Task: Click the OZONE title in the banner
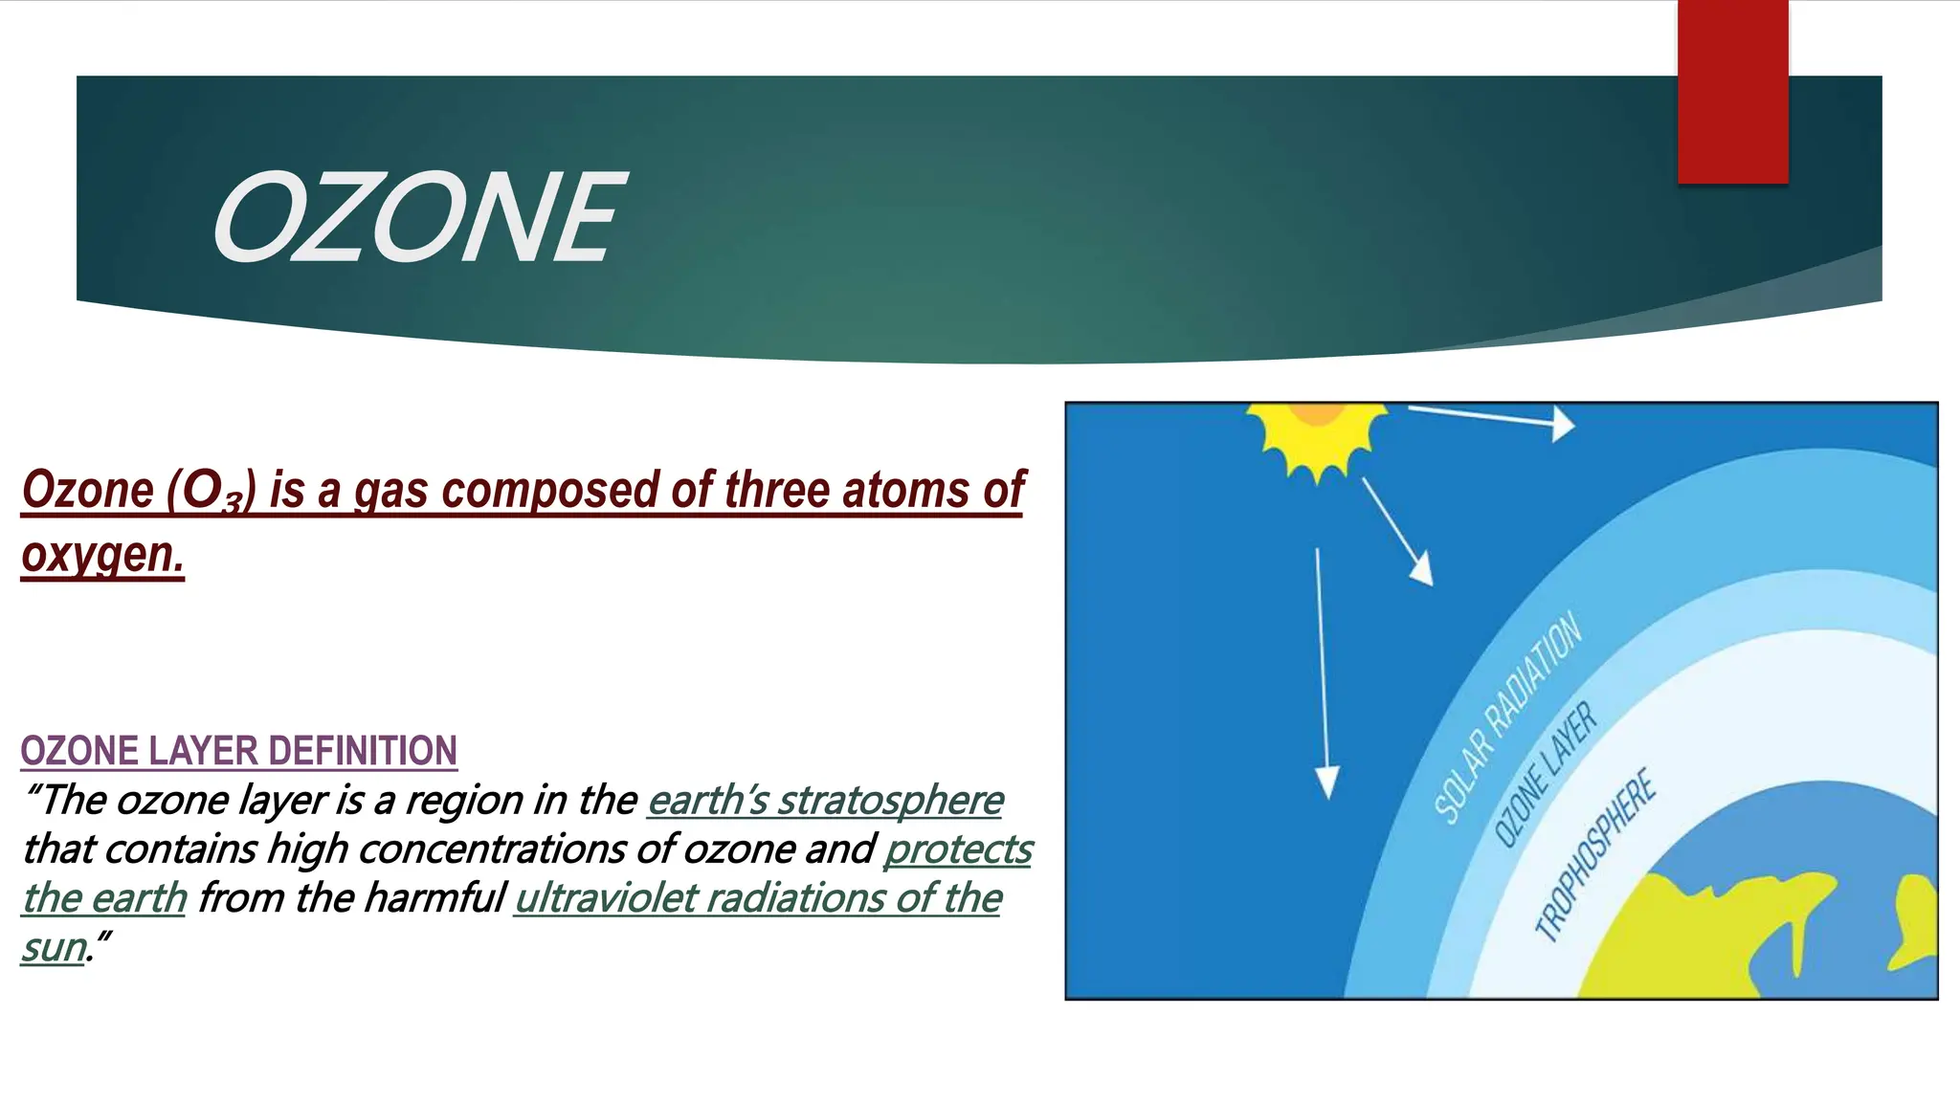point(418,218)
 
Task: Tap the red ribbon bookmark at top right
point(1732,91)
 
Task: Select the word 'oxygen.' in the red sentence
point(102,554)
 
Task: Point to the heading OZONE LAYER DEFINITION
point(238,751)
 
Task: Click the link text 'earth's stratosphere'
point(825,801)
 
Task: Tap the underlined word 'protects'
point(958,849)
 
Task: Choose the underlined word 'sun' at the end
point(54,948)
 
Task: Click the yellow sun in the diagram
point(1317,435)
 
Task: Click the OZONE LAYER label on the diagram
point(1545,776)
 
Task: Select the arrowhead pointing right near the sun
point(1562,424)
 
